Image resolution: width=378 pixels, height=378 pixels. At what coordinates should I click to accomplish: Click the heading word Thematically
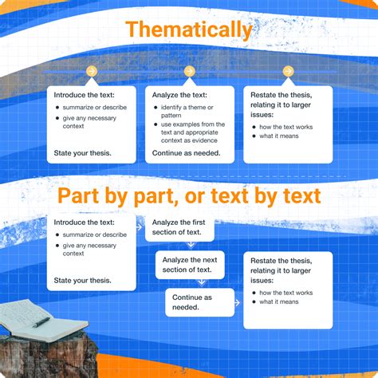(189, 30)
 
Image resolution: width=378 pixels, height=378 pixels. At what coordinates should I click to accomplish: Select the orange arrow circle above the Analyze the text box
(189, 72)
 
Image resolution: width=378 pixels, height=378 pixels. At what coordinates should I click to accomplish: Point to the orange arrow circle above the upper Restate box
(289, 72)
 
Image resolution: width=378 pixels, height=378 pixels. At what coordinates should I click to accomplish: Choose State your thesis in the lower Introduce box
(82, 281)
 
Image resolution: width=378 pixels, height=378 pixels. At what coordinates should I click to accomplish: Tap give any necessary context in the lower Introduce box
(89, 250)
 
